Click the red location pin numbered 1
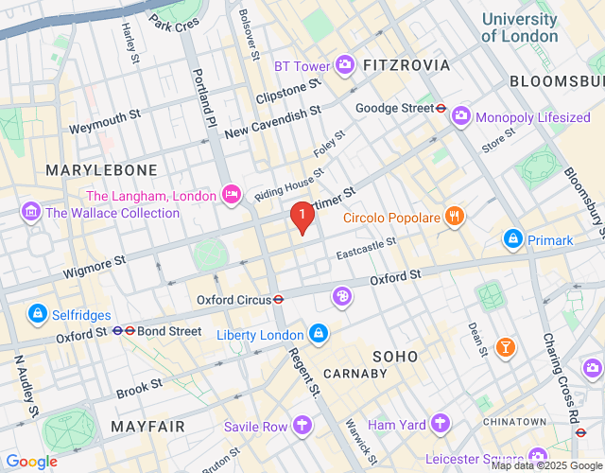click(302, 218)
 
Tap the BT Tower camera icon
click(346, 65)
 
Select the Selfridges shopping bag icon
click(37, 313)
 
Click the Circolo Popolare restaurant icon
click(455, 217)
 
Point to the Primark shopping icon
click(512, 239)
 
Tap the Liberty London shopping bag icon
click(320, 334)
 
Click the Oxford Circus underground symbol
click(279, 300)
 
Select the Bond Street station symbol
click(124, 331)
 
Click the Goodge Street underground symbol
click(441, 108)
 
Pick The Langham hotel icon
click(231, 195)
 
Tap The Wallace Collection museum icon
click(29, 212)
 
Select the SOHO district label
click(395, 356)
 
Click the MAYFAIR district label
click(147, 427)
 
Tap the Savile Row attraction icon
click(302, 426)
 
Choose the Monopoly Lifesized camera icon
click(460, 116)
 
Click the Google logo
click(31, 462)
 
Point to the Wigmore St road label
click(94, 266)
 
